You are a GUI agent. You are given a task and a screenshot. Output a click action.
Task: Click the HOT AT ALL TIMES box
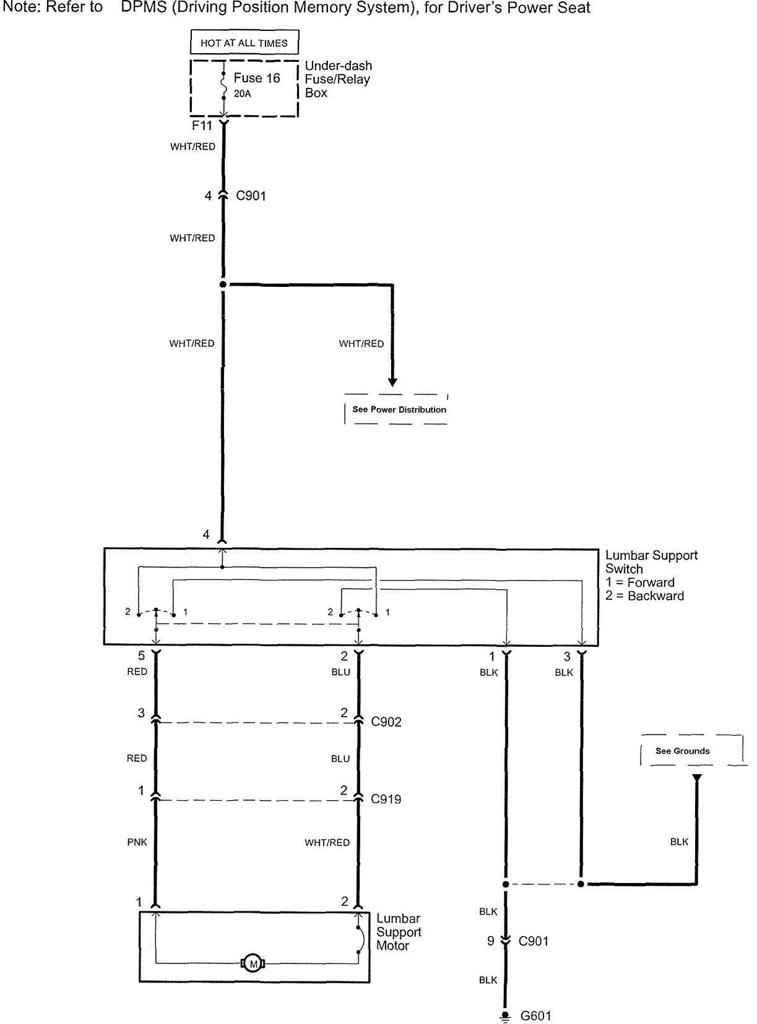click(244, 43)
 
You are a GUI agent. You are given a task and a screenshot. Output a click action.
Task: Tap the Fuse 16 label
click(256, 78)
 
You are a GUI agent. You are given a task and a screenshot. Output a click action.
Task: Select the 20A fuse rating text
click(243, 94)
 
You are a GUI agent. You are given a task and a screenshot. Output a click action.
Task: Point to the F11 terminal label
click(202, 126)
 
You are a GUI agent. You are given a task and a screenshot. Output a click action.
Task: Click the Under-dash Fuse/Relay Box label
click(338, 79)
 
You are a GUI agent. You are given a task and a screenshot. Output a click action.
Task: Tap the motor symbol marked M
click(252, 963)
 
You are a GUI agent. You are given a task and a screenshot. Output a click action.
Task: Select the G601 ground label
click(535, 1016)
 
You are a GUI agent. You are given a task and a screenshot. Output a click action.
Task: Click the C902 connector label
click(386, 722)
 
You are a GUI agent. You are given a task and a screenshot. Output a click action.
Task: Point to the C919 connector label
click(386, 799)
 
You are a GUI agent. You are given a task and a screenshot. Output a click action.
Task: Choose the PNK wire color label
click(137, 842)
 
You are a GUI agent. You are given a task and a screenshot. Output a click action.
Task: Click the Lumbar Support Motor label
click(399, 932)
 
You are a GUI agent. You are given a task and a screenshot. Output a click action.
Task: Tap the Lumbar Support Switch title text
click(651, 562)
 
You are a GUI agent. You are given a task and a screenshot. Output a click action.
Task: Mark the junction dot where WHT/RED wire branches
click(223, 284)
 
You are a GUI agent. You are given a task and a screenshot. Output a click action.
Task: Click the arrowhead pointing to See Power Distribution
click(392, 382)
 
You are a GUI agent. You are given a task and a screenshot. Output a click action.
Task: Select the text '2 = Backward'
click(644, 596)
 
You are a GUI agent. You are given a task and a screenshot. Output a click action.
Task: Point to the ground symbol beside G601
click(506, 1017)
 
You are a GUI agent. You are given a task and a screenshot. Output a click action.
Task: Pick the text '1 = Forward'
click(639, 582)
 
